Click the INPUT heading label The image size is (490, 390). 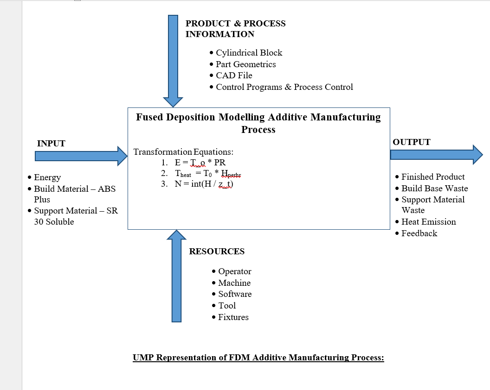51,144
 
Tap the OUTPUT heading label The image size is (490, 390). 412,142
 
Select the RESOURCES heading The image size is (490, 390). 217,252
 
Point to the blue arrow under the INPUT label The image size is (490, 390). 81,156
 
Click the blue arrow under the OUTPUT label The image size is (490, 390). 436,154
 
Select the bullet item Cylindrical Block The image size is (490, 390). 249,53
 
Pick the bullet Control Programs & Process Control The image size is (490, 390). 284,87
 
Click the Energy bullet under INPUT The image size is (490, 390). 47,177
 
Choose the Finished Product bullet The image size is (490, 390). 432,177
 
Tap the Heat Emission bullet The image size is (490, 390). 428,222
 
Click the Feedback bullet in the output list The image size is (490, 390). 419,233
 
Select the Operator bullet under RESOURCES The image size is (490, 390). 234,271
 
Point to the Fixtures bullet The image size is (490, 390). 233,317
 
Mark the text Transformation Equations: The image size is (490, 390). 183,152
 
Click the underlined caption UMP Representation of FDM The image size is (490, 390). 258,358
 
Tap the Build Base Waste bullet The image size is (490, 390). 434,189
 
